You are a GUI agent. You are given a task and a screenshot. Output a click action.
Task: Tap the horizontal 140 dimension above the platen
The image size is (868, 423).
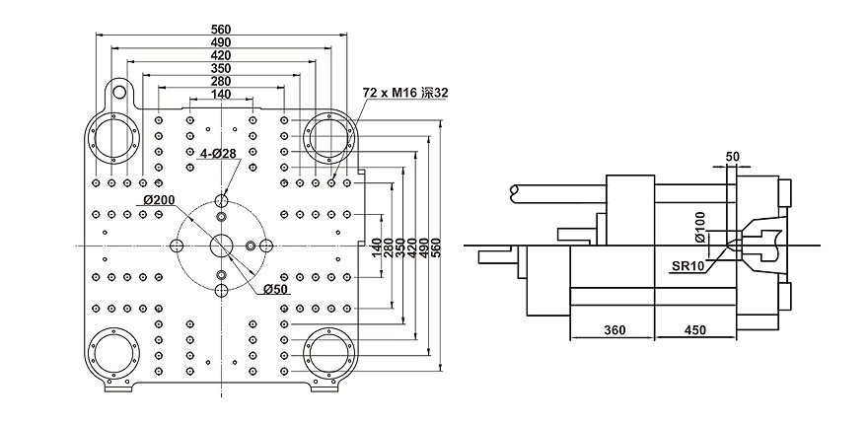tap(221, 94)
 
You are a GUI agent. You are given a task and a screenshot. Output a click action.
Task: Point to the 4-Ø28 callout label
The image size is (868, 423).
tap(219, 154)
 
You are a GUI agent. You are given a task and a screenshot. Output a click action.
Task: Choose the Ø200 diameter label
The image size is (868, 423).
tap(159, 200)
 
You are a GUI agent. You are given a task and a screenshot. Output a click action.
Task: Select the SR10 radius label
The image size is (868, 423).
tap(691, 265)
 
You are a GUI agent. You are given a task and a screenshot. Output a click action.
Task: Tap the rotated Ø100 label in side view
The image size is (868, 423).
tap(699, 227)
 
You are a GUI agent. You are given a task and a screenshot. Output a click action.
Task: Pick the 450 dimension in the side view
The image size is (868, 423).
tap(695, 331)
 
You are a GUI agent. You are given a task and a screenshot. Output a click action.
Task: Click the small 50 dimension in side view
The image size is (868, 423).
tap(731, 157)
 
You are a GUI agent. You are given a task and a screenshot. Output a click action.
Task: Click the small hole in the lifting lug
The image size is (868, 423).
tap(119, 93)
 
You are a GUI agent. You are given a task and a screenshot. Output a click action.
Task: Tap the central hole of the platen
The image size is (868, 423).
tap(221, 245)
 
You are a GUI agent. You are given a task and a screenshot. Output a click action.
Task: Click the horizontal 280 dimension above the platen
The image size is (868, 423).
tap(221, 81)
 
